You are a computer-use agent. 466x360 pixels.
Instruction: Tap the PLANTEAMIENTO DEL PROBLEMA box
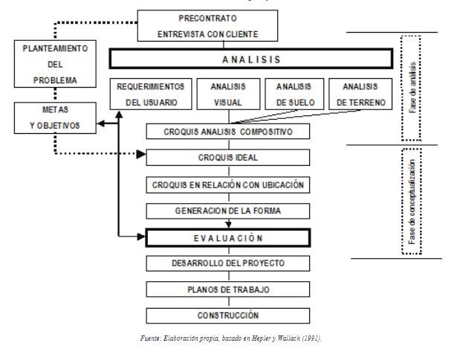[56, 64]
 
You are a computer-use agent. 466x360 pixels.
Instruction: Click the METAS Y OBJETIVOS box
[56, 118]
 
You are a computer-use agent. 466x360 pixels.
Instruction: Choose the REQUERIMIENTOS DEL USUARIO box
[151, 94]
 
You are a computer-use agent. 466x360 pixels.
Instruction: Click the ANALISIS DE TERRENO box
[358, 94]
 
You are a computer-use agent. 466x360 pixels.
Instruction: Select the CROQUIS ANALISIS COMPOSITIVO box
[228, 132]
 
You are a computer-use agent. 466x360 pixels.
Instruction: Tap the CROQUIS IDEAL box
[228, 158]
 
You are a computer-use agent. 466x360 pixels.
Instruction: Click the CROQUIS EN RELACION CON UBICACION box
[228, 184]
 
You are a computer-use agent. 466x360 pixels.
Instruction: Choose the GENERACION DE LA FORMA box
[228, 210]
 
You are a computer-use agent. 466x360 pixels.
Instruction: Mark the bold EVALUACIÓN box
[228, 237]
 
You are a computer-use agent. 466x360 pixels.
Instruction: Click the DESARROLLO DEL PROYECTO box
[228, 263]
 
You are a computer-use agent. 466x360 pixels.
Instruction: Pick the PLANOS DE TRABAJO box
[228, 289]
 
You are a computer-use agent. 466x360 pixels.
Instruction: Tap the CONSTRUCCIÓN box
[228, 315]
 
